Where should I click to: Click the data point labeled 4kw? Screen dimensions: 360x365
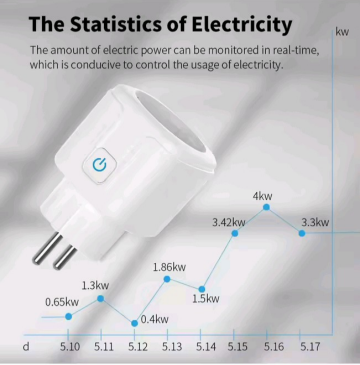coord(266,207)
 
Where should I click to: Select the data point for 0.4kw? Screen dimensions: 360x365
coord(135,323)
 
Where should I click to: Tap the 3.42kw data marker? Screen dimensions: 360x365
coord(235,233)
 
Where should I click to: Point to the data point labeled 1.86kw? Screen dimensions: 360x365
coord(167,279)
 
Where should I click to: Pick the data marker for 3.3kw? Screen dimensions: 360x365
coord(302,233)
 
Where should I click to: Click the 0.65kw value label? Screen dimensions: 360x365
coord(62,302)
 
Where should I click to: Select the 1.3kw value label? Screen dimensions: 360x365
coord(95,285)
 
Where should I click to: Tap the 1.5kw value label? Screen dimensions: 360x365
coord(206,299)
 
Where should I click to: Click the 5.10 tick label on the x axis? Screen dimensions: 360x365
coord(70,347)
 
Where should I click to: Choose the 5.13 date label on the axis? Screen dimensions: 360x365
coord(172,347)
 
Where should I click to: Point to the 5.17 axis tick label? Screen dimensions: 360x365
coord(310,347)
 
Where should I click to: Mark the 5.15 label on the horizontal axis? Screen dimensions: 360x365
coord(237,347)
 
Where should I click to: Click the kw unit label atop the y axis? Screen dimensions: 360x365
coord(342,32)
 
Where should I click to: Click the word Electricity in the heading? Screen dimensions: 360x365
coord(241,25)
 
